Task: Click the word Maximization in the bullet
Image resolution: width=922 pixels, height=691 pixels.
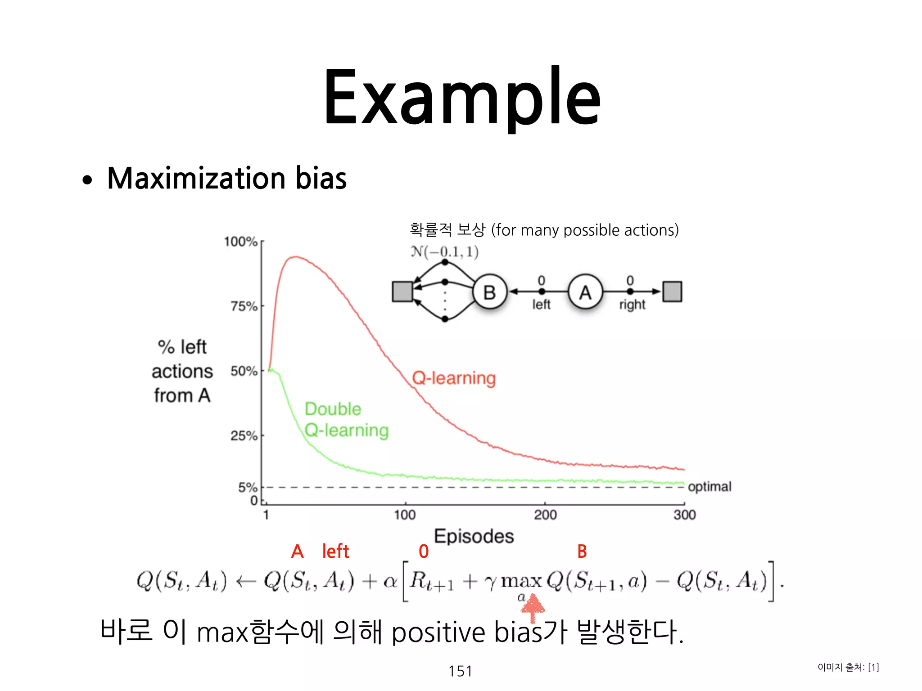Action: tap(196, 179)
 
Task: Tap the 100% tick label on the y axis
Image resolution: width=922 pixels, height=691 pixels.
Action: tap(241, 242)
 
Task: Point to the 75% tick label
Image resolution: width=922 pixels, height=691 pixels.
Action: tap(244, 306)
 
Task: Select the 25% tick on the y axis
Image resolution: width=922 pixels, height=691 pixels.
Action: tap(244, 435)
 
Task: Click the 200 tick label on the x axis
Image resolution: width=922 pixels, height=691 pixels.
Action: tap(545, 515)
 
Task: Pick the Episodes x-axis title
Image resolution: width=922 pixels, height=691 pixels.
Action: tap(474, 536)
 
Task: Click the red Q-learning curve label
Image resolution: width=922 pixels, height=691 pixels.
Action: tap(454, 378)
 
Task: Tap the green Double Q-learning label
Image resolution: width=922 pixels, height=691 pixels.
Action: tap(346, 419)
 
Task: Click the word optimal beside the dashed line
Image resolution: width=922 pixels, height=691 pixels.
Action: tap(710, 486)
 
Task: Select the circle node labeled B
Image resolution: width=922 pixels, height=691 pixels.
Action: tap(490, 292)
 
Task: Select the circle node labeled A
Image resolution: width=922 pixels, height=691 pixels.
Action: tap(585, 292)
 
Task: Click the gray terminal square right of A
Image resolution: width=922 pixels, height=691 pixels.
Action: tap(672, 292)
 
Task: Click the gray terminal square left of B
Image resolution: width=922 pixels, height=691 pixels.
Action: tap(402, 292)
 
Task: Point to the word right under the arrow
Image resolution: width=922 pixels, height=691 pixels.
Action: tap(632, 305)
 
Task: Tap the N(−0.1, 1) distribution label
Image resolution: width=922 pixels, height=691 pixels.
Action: tap(444, 251)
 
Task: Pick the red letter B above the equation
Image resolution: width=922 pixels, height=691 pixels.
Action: tap(582, 551)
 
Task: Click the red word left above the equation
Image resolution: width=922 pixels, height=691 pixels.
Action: tap(335, 551)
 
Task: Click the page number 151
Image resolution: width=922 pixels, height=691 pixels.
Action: tap(460, 671)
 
